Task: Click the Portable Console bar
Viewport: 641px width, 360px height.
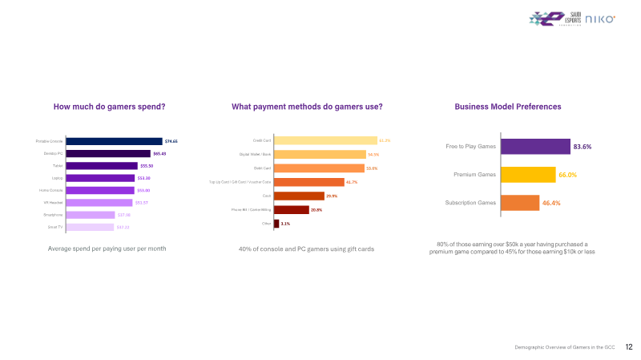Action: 114,141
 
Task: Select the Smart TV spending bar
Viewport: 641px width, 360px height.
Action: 91,227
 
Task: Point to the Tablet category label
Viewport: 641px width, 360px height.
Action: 58,166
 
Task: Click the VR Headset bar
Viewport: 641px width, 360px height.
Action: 99,203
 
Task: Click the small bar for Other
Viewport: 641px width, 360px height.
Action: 276,224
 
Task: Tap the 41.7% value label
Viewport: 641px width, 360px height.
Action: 351,182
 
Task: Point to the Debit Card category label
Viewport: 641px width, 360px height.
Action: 262,168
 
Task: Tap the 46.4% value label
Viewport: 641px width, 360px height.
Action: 551,203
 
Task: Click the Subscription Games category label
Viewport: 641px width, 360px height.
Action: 470,203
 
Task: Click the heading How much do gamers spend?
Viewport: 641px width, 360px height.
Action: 109,107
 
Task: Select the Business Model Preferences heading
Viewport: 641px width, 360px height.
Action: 508,107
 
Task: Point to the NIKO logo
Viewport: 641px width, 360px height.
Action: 600,19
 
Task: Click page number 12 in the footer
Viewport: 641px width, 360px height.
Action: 629,347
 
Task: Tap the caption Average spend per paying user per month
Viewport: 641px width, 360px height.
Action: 107,249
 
